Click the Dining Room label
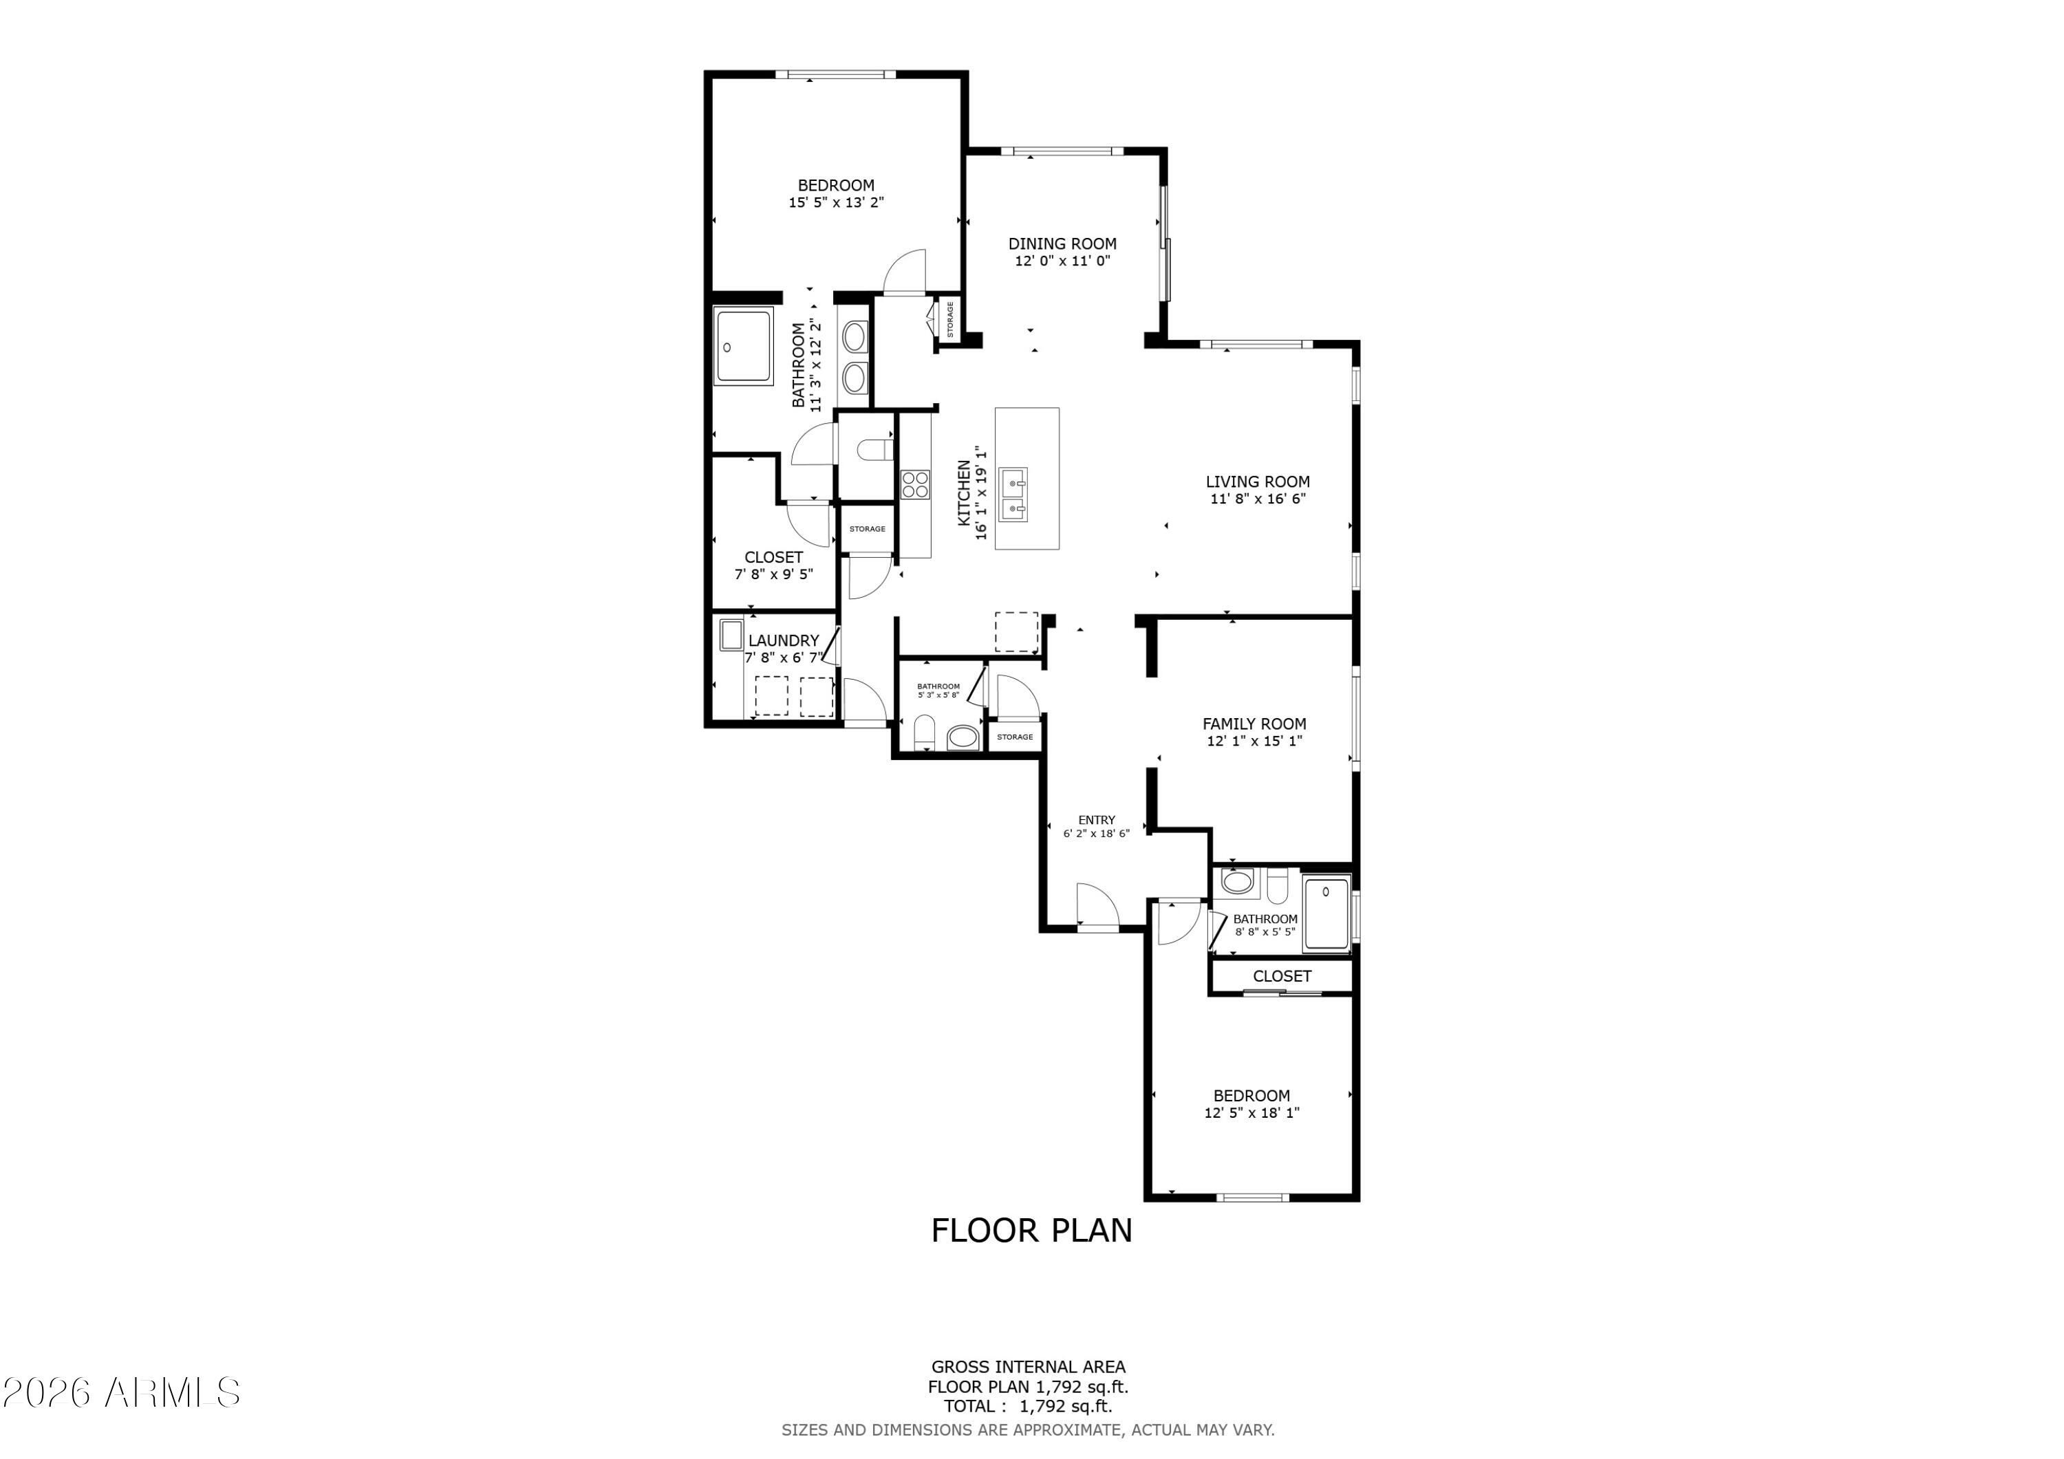[x=1062, y=244]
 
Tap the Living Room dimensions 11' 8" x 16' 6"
[x=1258, y=499]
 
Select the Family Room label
[x=1254, y=724]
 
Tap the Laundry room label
[x=784, y=640]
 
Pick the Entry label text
[x=1097, y=820]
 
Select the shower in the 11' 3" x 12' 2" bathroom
[x=744, y=347]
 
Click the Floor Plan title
[x=1032, y=1231]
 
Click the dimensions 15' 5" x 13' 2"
[x=836, y=202]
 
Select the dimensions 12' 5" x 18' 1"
[x=1252, y=1113]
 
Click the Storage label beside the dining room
[x=950, y=319]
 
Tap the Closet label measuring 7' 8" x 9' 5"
[x=774, y=557]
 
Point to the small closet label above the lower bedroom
[x=1282, y=976]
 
